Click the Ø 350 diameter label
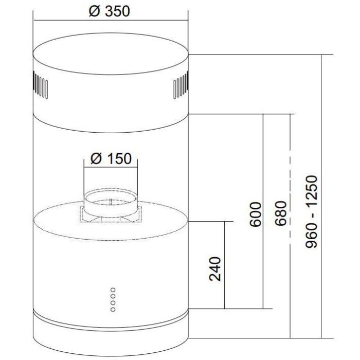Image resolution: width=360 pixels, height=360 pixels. pyautogui.click(x=110, y=11)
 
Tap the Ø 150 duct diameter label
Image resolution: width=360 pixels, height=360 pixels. pyautogui.click(x=111, y=158)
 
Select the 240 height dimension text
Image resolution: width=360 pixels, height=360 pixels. pyautogui.click(x=215, y=269)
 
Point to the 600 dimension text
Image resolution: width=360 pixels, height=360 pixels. pyautogui.click(x=256, y=214)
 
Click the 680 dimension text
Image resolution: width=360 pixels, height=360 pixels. pyautogui.click(x=281, y=213)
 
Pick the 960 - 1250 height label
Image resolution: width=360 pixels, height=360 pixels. pyautogui.click(x=312, y=211)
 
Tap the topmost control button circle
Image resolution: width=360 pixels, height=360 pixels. pyautogui.click(x=113, y=290)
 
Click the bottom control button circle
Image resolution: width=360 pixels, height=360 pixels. pyautogui.click(x=113, y=310)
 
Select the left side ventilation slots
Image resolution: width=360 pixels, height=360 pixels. pyautogui.click(x=41, y=85)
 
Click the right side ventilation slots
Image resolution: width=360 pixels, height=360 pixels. pyautogui.click(x=181, y=85)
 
